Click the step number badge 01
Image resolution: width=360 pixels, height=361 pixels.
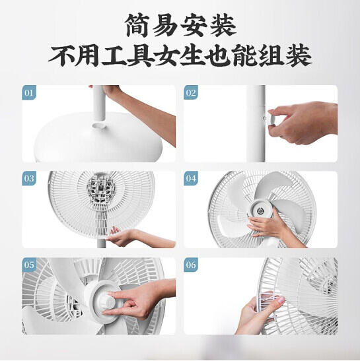pyautogui.click(x=29, y=93)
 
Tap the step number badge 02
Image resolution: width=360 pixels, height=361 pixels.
pyautogui.click(x=191, y=92)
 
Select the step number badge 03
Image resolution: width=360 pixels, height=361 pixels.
pyautogui.click(x=29, y=178)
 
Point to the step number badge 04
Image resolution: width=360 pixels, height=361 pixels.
pyautogui.click(x=191, y=178)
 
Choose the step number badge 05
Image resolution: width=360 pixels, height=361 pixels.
pyautogui.click(x=29, y=265)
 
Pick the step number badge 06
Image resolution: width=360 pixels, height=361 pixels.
pyautogui.click(x=191, y=265)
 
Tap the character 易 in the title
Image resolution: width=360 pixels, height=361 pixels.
pyautogui.click(x=166, y=25)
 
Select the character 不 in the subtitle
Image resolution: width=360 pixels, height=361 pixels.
pyautogui.click(x=61, y=56)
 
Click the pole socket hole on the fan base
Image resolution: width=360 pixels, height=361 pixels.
pyautogui.click(x=98, y=125)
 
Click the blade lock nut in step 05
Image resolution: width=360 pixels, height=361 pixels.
pyautogui.click(x=106, y=301)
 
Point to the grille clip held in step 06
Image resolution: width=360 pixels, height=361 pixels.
pyautogui.click(x=264, y=304)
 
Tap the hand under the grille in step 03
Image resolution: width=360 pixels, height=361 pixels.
pyautogui.click(x=120, y=237)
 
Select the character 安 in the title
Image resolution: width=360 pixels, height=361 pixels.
pyautogui.click(x=194, y=25)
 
